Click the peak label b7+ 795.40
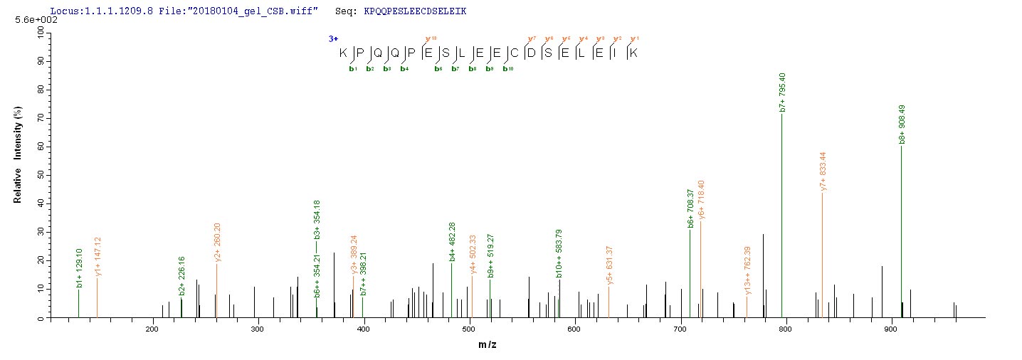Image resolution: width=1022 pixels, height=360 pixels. [783, 92]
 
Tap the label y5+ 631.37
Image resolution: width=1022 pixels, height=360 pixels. [610, 265]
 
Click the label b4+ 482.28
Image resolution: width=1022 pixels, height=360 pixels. [452, 242]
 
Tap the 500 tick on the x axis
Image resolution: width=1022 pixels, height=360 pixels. [470, 329]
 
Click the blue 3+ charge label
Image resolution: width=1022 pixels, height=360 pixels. [333, 38]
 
